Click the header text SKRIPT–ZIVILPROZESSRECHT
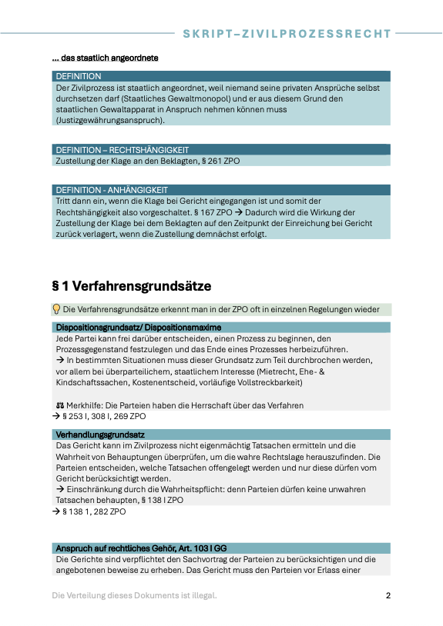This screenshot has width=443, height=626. (x=287, y=34)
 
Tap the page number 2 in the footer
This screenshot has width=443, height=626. (x=388, y=596)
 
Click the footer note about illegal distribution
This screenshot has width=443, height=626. (x=134, y=596)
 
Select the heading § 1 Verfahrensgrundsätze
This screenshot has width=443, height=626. (x=131, y=286)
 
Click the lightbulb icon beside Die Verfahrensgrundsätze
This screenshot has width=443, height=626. (x=56, y=310)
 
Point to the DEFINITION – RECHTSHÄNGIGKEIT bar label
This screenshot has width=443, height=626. (x=122, y=150)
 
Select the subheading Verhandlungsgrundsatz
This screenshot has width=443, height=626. (x=99, y=435)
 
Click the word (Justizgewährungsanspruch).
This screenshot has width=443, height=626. (x=109, y=120)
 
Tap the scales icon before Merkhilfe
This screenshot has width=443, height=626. (x=60, y=405)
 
